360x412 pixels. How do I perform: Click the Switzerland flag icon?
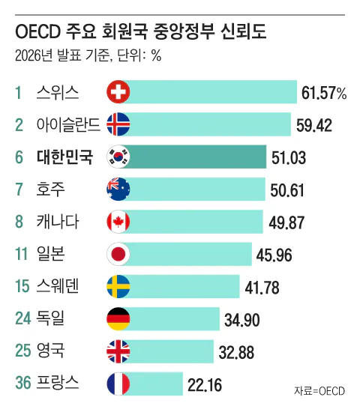118,92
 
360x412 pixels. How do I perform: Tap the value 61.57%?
324,93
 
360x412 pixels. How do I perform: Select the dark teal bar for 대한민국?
195,157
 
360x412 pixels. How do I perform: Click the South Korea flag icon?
118,157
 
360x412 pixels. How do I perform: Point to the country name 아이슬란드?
68,124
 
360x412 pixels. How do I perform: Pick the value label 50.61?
287,190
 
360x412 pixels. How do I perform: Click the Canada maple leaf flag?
118,222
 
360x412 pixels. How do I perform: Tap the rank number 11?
21,254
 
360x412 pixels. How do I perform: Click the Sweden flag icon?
118,286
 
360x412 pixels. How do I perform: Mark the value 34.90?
241,320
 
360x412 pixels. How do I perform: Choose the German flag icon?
118,318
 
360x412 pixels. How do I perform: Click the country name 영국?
50,351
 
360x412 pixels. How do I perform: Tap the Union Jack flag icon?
118,351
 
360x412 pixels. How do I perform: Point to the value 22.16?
205,385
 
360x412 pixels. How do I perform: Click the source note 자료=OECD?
319,391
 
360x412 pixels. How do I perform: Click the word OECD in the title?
38,31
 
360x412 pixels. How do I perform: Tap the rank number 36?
23,383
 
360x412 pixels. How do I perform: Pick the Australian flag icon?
118,190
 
